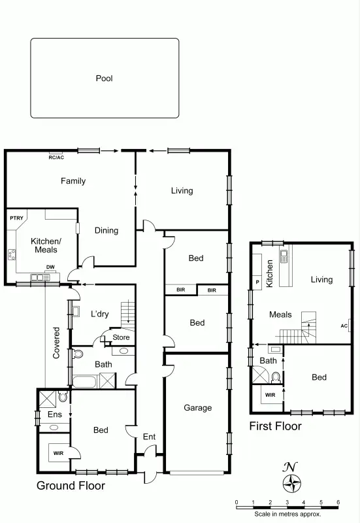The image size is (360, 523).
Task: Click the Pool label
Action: tap(105, 78)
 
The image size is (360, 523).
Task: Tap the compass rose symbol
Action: tap(291, 483)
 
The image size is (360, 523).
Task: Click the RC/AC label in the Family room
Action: tap(56, 158)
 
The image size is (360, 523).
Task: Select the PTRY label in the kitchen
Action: tap(16, 218)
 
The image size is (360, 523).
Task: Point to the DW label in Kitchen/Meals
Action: tap(50, 267)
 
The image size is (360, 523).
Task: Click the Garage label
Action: tap(197, 408)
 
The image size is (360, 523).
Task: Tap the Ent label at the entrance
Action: tap(149, 437)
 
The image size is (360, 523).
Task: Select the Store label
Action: tap(121, 337)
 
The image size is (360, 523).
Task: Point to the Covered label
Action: tap(56, 343)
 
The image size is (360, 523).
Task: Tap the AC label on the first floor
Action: tap(344, 325)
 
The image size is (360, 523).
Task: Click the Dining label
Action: tap(106, 230)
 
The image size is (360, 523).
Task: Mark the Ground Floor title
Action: tap(71, 486)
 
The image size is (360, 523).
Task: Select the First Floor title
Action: tap(276, 426)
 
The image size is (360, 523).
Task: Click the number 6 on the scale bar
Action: tap(338, 502)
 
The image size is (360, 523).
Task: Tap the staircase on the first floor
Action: tap(307, 328)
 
